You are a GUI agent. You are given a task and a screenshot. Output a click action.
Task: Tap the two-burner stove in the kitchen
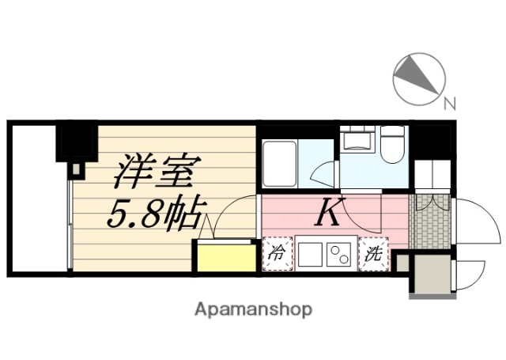339,255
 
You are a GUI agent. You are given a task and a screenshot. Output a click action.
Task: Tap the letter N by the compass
449,102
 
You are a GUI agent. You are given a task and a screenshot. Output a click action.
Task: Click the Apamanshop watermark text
252,309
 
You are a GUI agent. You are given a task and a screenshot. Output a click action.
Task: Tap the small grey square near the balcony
76,169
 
